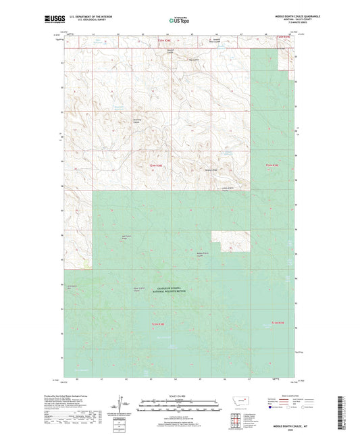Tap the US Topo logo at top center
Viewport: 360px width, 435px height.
click(177, 21)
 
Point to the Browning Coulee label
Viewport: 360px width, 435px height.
click(136, 121)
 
